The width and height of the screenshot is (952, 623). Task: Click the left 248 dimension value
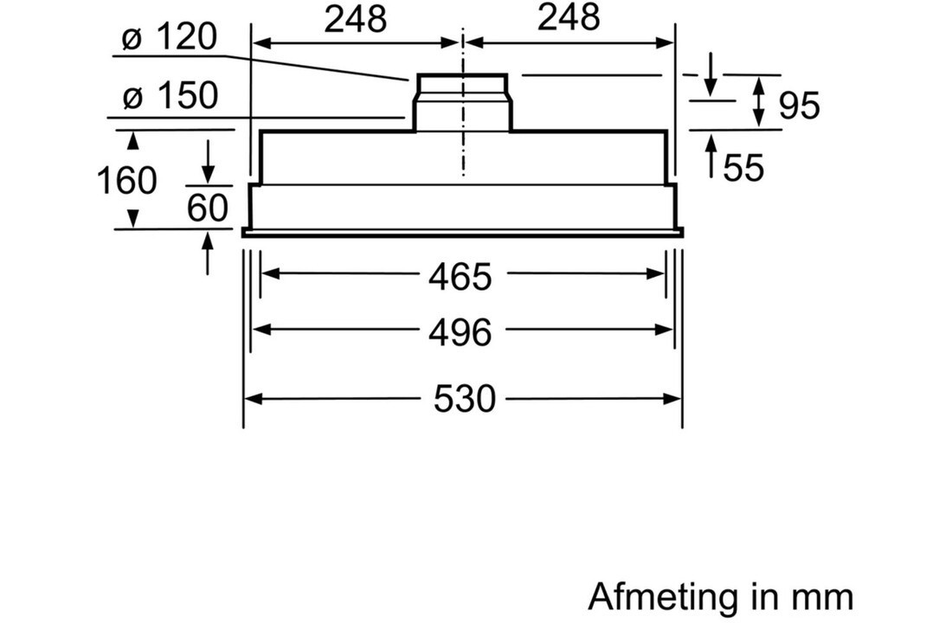click(356, 19)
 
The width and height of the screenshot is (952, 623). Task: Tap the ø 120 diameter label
click(170, 37)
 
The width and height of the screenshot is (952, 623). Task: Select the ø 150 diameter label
click(170, 96)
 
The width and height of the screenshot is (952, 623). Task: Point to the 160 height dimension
click(127, 180)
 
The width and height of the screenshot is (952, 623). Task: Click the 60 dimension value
click(207, 208)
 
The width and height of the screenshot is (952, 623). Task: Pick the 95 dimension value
click(799, 105)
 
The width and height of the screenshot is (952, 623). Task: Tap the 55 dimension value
click(743, 167)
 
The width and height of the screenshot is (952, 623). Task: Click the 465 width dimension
click(460, 277)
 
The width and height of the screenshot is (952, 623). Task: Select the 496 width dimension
click(460, 333)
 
